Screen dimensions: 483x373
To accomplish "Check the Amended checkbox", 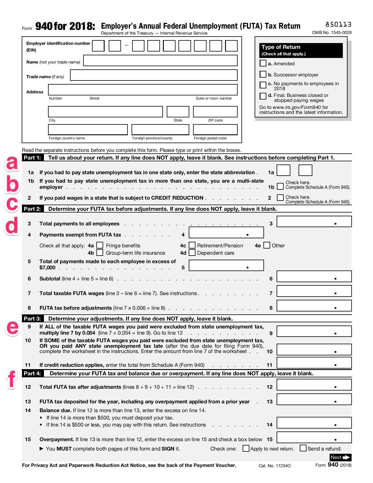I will point(263,63).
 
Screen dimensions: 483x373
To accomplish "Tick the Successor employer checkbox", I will point(263,74).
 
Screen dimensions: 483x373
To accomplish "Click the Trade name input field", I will point(154,75).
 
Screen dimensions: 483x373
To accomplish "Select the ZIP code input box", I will point(215,112).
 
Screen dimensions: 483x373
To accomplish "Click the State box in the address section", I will point(178,112).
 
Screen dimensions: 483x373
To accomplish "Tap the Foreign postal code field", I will point(215,130).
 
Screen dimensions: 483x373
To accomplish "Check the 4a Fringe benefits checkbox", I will point(100,245).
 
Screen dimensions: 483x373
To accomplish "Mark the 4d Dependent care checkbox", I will point(192,253).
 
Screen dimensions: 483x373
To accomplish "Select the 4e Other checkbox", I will point(267,245).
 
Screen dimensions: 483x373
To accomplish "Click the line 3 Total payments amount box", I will point(314,222).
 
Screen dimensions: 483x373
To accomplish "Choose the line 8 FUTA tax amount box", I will point(314,306).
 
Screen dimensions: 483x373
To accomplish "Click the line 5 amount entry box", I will point(226,266).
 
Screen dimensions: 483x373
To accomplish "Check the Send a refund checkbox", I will point(303,448).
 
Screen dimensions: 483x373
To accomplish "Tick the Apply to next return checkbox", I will point(246,448).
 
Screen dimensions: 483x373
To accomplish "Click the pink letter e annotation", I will point(12,327).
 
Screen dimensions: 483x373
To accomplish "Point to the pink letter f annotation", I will point(11,379).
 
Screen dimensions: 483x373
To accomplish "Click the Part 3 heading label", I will point(32,318).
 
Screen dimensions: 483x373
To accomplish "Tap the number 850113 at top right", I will point(338,24).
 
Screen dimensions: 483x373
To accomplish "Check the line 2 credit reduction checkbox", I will point(280,198).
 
